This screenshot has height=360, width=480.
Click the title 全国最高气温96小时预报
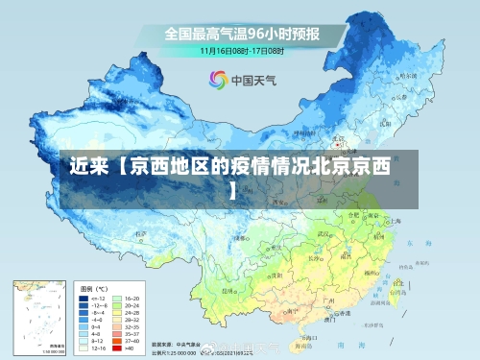click(x=240, y=34)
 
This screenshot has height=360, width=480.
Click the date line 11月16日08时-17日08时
click(x=240, y=49)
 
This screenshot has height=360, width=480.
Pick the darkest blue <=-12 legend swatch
click(x=84, y=300)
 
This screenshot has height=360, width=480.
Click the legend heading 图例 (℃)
click(x=95, y=288)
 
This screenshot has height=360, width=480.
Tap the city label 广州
click(x=328, y=300)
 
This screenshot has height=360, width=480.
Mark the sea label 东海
click(x=415, y=243)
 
